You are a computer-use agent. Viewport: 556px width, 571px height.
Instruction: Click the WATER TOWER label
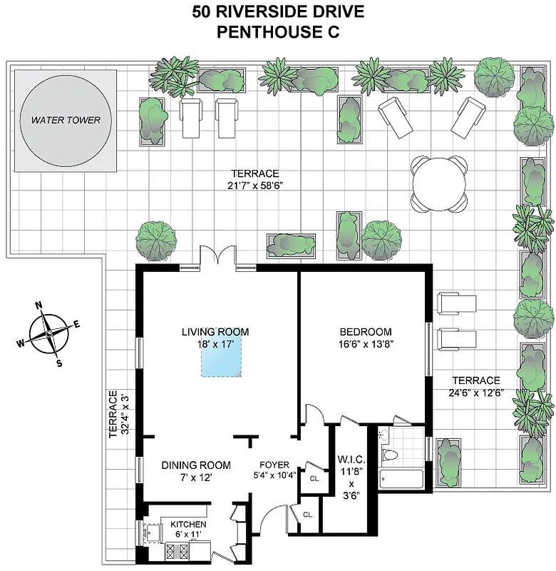61,120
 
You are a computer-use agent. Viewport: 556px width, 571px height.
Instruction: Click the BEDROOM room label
365,331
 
